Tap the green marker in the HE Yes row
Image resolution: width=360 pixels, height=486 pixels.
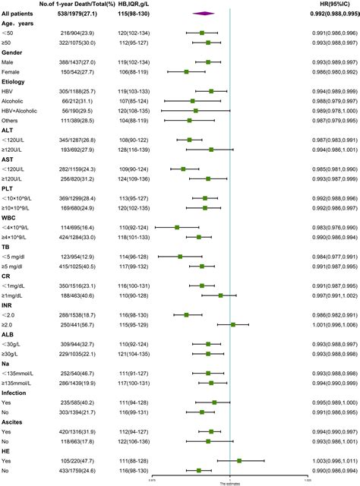click(x=239, y=460)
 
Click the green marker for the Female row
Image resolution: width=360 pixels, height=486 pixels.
click(x=186, y=71)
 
